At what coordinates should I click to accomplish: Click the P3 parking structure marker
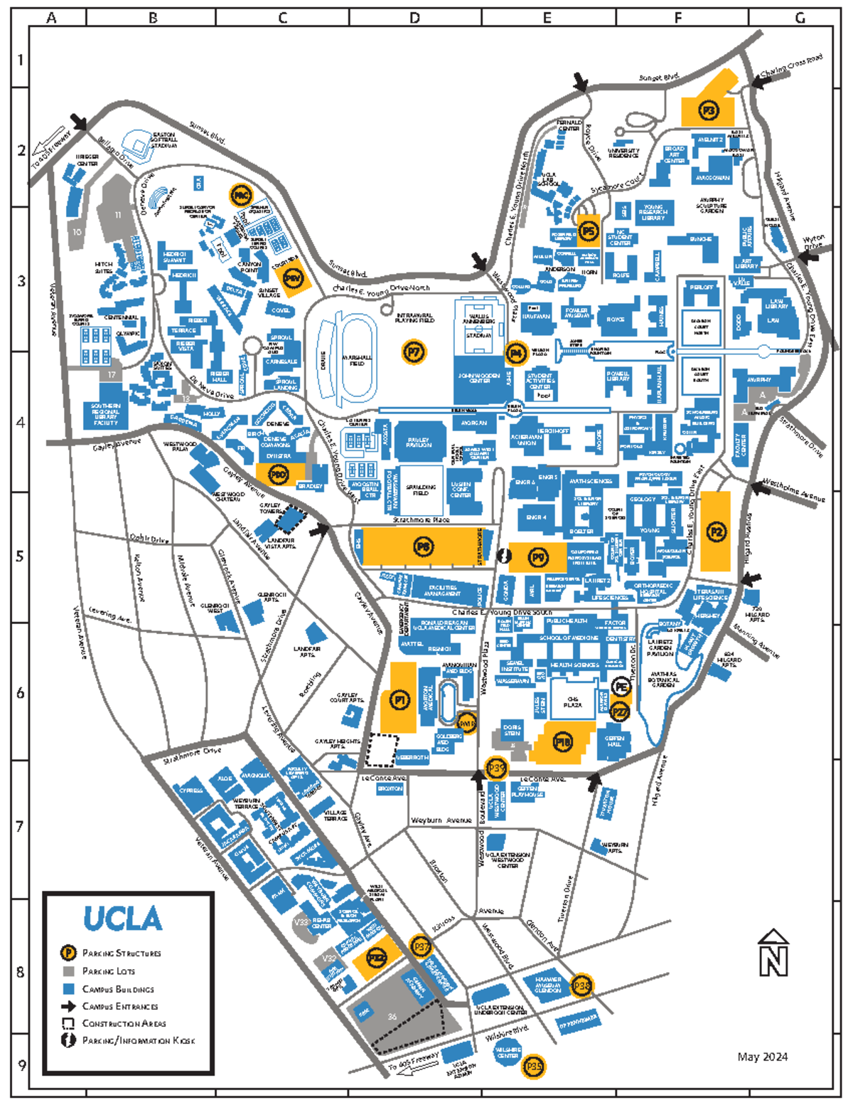[707, 111]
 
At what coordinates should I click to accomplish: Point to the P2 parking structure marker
[716, 531]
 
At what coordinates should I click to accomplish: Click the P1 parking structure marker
[400, 701]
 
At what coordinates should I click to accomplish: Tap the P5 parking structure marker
[588, 231]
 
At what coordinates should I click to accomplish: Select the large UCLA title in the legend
[123, 919]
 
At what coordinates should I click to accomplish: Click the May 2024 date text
[762, 1057]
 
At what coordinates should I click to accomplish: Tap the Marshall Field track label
[357, 360]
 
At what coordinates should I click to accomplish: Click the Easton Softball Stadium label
[163, 139]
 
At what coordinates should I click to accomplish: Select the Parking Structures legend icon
[68, 953]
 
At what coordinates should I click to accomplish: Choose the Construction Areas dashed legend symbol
[68, 1023]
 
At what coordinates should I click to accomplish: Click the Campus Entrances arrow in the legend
[68, 1006]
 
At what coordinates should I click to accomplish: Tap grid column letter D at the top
[414, 18]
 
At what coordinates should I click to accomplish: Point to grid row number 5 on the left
[21, 556]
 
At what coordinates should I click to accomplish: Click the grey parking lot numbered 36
[392, 1017]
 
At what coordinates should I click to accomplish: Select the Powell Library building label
[618, 376]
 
